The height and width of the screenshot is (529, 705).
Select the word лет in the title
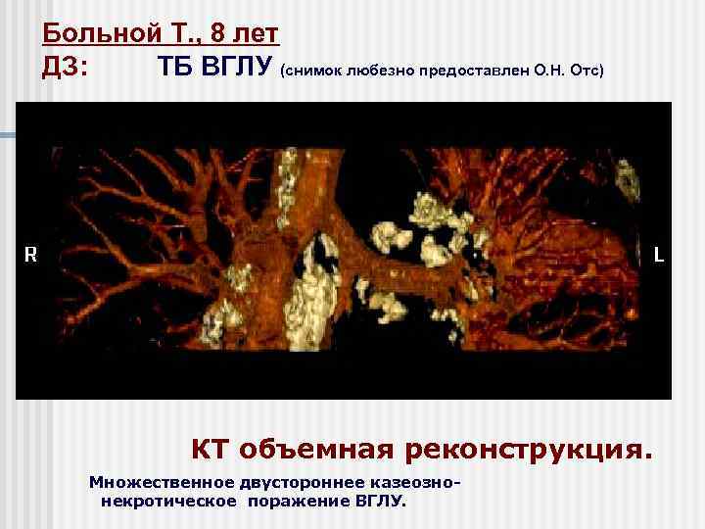coord(257,34)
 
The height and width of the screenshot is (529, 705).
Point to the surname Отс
coord(584,72)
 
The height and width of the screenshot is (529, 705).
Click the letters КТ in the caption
coord(208,451)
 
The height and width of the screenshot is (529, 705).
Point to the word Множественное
coord(157,483)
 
